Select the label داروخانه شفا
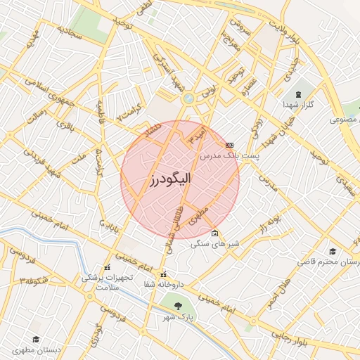tap(164, 285)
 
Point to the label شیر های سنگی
tap(214, 244)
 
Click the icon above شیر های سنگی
tap(214, 233)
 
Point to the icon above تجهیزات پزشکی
tap(107, 268)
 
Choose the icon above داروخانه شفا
tap(164, 274)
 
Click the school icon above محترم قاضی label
tap(332, 251)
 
